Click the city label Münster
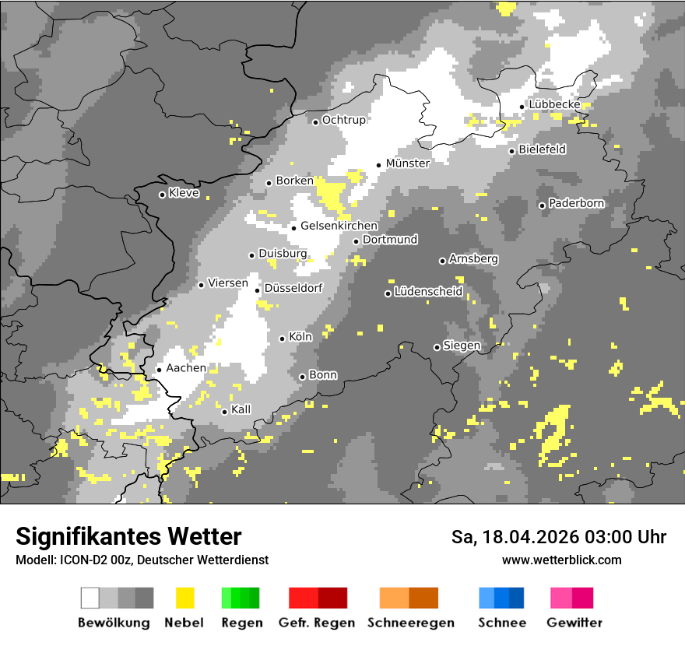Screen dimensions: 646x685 point(408,163)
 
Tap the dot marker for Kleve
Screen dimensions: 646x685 point(162,195)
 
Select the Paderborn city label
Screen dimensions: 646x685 point(576,204)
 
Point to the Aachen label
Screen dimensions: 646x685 point(186,368)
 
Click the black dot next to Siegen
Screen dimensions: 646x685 point(437,347)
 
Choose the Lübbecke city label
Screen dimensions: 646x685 point(553,104)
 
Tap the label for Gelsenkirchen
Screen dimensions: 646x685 point(339,226)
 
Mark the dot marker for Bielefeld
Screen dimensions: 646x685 point(511,151)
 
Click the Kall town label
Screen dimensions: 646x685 point(241,409)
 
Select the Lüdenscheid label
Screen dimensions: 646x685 point(428,292)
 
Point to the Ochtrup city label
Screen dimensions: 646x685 point(344,121)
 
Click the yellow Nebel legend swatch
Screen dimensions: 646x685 point(184,598)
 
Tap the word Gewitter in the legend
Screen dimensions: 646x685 point(574,623)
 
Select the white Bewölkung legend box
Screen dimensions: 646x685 point(90,598)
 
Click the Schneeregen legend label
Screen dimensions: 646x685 point(411,623)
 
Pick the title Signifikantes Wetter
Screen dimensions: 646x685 point(128,537)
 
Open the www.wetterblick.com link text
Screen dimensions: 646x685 point(561,560)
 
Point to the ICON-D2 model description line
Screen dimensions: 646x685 point(142,560)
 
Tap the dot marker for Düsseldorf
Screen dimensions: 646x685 point(257,290)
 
